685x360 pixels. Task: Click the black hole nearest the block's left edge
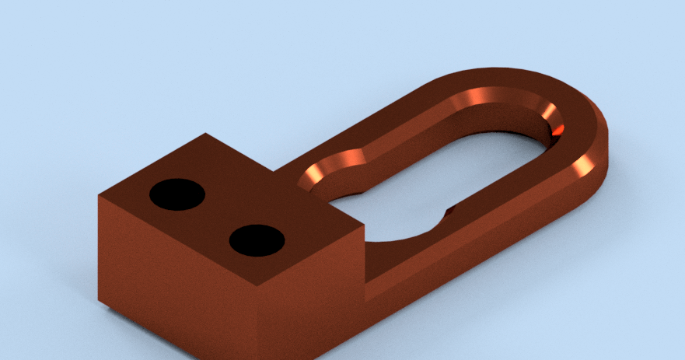pyautogui.click(x=176, y=194)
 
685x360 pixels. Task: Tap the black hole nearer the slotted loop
pyautogui.click(x=257, y=240)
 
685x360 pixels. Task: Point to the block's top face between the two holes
pyautogui.click(x=217, y=217)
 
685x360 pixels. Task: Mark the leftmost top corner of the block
pyautogui.click(x=99, y=195)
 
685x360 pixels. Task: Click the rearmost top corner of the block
pyautogui.click(x=206, y=134)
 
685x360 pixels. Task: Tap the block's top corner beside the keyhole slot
pyautogui.click(x=364, y=226)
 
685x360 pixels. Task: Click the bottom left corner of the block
pyautogui.click(x=100, y=302)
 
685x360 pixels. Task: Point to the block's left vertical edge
pyautogui.click(x=99, y=249)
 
